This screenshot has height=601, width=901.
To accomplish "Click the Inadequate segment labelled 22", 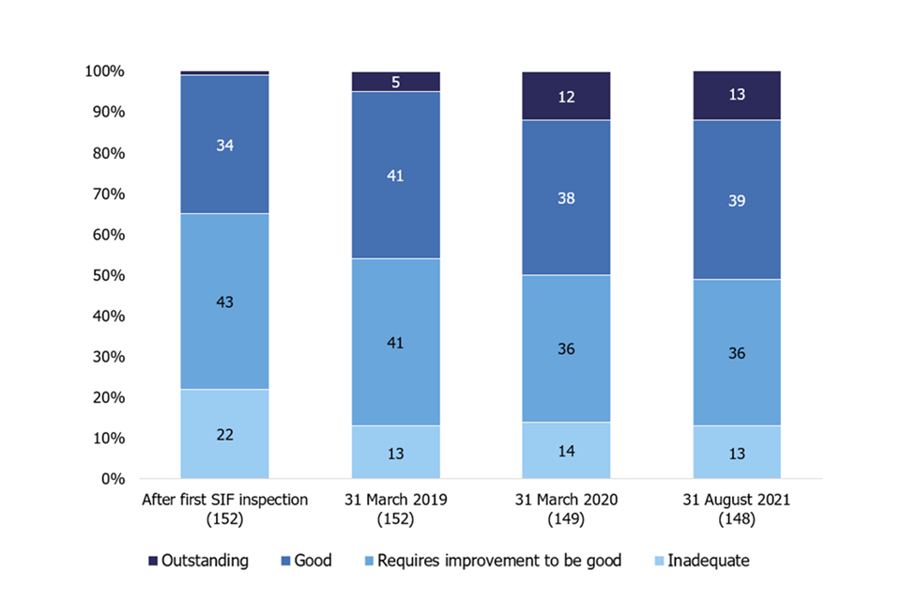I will (x=224, y=434).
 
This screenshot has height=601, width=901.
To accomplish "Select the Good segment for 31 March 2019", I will (x=395, y=176).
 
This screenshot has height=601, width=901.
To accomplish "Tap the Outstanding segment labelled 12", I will (x=566, y=96).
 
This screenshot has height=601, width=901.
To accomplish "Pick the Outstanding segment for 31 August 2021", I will (x=737, y=95).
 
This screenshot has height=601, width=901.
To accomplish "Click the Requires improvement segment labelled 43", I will (x=224, y=301).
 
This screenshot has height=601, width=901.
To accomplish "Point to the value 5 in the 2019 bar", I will (x=395, y=82).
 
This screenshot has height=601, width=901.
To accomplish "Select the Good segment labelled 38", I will (x=566, y=198).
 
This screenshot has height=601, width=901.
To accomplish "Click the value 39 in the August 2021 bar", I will (x=737, y=200).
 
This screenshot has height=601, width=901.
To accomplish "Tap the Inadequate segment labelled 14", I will (x=566, y=451).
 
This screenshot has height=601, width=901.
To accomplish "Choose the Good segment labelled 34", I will (x=224, y=145).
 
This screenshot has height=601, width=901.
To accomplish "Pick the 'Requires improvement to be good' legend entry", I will (x=491, y=561).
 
